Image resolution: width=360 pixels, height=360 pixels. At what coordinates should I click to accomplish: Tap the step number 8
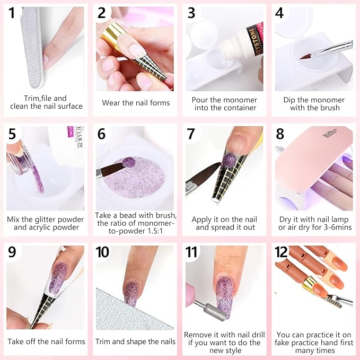[280, 134]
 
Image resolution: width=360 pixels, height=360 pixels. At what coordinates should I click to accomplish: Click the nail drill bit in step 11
[206, 310]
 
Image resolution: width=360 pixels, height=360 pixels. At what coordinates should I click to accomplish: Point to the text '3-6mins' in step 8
[336, 227]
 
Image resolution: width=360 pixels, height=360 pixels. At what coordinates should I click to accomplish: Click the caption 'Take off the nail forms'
[46, 341]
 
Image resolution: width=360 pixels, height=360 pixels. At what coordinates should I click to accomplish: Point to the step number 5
[12, 134]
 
